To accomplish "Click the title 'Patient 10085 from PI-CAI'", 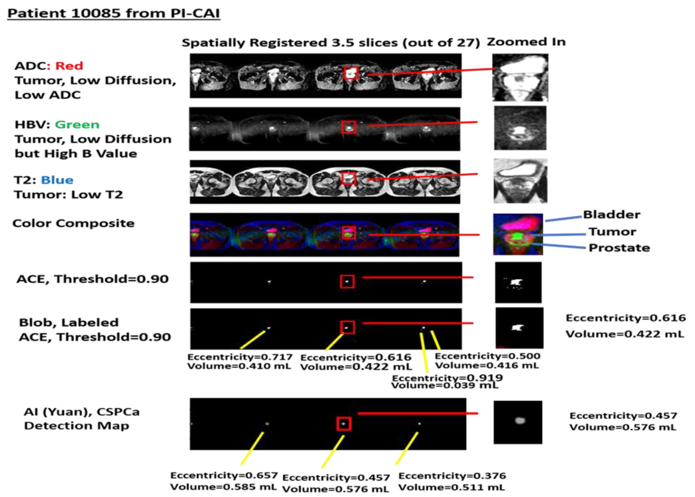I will click(114, 13).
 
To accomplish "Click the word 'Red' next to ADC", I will click(69, 66).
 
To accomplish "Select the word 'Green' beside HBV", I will click(77, 125).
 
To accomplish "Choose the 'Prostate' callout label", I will click(619, 248).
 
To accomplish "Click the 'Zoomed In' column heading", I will click(526, 42).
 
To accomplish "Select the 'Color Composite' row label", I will click(73, 223).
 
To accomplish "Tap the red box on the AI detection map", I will click(344, 424).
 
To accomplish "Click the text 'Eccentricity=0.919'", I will click(447, 378).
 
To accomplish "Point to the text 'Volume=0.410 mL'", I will click(239, 366).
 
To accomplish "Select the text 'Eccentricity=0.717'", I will click(240, 357).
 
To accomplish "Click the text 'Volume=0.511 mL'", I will click(452, 487).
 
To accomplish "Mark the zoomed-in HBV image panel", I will click(520, 128).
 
